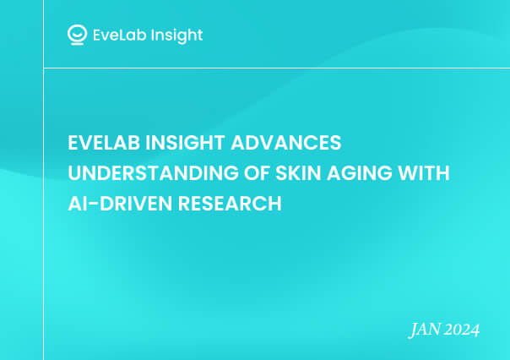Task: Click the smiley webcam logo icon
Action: pyautogui.click(x=77, y=34)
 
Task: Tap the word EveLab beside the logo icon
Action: pyautogui.click(x=119, y=35)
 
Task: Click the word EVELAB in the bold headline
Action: pyautogui.click(x=104, y=143)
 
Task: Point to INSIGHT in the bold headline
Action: pyautogui.click(x=185, y=143)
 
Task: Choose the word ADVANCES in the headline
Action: pyautogui.click(x=286, y=143)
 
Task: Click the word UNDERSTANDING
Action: pyautogui.click(x=153, y=173)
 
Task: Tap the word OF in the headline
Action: pyautogui.click(x=257, y=173)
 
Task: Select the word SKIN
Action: pyautogui.click(x=298, y=173)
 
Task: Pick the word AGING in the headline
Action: pyautogui.click(x=360, y=173)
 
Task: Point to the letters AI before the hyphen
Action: pyautogui.click(x=78, y=204)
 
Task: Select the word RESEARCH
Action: pyautogui.click(x=230, y=204)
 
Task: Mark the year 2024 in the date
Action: pyautogui.click(x=462, y=330)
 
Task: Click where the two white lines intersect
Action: pyautogui.click(x=44, y=68)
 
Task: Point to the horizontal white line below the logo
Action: pyautogui.click(x=277, y=68)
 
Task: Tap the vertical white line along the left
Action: pyautogui.click(x=44, y=180)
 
